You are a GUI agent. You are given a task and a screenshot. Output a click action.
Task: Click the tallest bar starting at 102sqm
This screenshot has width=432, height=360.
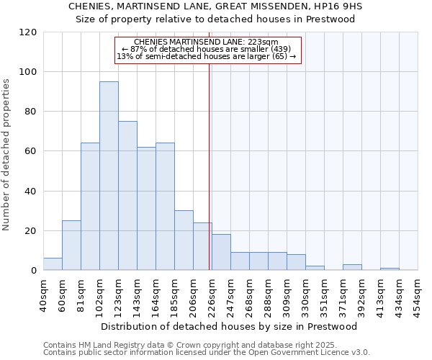(x=109, y=176)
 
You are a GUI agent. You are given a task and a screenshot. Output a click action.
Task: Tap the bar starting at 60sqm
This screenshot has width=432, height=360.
(x=71, y=246)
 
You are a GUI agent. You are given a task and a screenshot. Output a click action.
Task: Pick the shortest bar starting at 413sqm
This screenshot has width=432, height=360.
(x=390, y=269)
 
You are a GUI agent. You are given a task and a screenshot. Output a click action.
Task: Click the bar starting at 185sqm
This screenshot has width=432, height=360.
(x=184, y=240)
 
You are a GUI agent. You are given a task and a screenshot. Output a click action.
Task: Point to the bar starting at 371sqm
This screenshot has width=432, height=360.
(x=352, y=267)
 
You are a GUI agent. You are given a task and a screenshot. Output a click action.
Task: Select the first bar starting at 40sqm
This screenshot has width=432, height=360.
(x=53, y=264)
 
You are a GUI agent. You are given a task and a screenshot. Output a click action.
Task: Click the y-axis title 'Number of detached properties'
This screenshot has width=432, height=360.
(x=6, y=156)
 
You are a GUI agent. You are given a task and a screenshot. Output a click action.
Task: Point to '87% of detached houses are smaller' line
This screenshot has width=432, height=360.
(x=206, y=49)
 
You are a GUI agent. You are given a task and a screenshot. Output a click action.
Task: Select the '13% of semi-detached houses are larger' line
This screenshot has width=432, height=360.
(x=206, y=56)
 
